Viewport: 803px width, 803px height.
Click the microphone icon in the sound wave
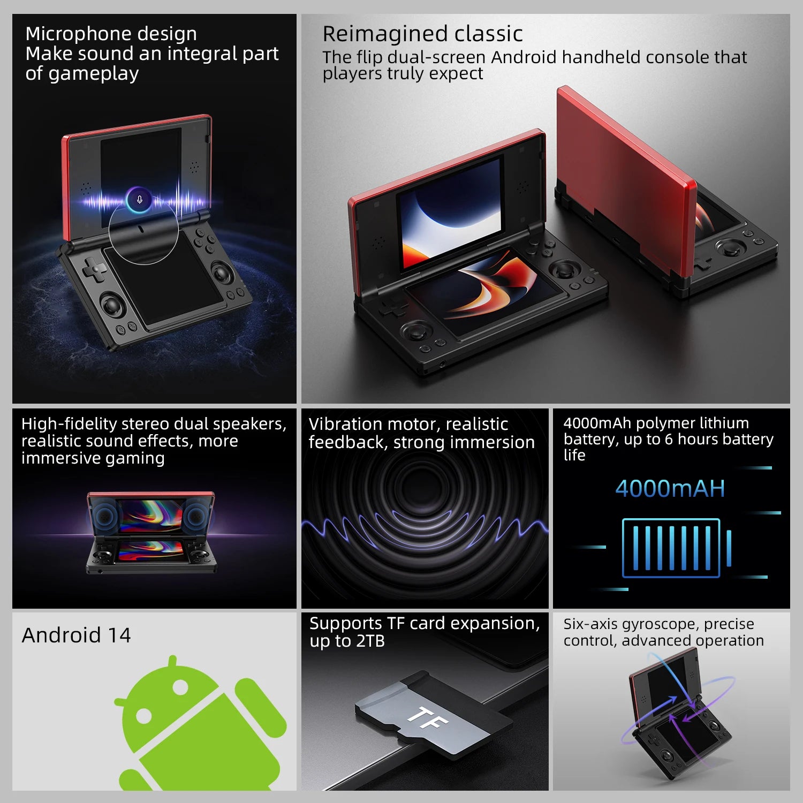(140, 200)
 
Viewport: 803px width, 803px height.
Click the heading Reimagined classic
(422, 34)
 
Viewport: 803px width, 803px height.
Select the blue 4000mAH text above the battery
(670, 489)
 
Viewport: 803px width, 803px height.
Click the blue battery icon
(675, 548)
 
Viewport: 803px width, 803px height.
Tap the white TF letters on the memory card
(427, 718)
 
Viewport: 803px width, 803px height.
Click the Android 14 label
(76, 635)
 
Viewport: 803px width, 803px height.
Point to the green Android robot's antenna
(172, 663)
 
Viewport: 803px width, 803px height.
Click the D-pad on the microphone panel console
(95, 269)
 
